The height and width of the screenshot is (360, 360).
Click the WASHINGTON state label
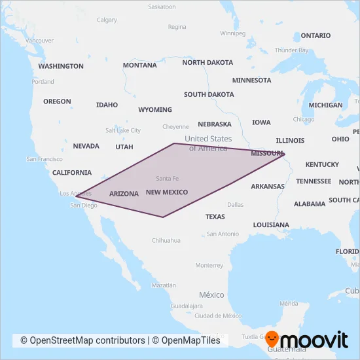61,66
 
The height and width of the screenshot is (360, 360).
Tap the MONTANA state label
139,65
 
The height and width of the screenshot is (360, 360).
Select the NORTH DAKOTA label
207,63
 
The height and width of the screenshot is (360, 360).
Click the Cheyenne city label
175,126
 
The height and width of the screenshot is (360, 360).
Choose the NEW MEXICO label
167,192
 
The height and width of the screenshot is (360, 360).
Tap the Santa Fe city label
168,179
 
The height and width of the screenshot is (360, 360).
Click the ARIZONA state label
124,194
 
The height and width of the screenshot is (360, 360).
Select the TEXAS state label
215,217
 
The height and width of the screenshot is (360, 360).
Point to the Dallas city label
236,205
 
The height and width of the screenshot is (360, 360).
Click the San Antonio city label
223,234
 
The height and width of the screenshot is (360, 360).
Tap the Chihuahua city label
166,240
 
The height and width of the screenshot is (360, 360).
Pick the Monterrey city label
209,265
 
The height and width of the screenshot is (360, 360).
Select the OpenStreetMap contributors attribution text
82,340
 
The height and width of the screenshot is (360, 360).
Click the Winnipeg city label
232,33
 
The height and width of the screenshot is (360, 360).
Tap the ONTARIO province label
316,35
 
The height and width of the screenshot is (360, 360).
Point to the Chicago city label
304,119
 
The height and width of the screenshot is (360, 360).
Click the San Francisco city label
45,159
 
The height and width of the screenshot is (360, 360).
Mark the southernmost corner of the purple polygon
163,217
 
